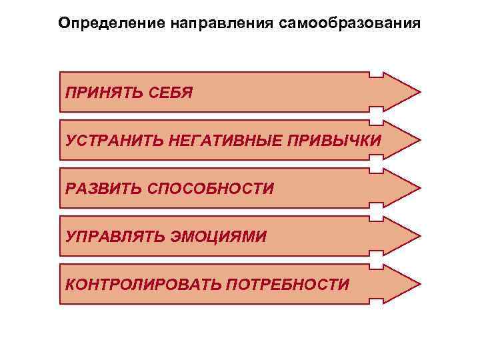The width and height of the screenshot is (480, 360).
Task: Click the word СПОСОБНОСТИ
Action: click(210, 189)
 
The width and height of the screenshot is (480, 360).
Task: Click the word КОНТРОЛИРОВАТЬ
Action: click(143, 285)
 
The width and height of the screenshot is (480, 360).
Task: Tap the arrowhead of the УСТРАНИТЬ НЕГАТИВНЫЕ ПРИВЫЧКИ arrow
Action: click(403, 141)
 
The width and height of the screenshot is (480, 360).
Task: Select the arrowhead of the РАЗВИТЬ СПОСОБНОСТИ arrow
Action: click(403, 189)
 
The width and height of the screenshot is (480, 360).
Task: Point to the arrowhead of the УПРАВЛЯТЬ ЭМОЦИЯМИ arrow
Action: click(403, 237)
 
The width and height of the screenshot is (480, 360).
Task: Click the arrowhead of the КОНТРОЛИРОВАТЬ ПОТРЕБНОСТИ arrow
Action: click(403, 285)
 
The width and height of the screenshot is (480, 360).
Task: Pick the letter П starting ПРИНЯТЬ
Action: click(70, 92)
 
